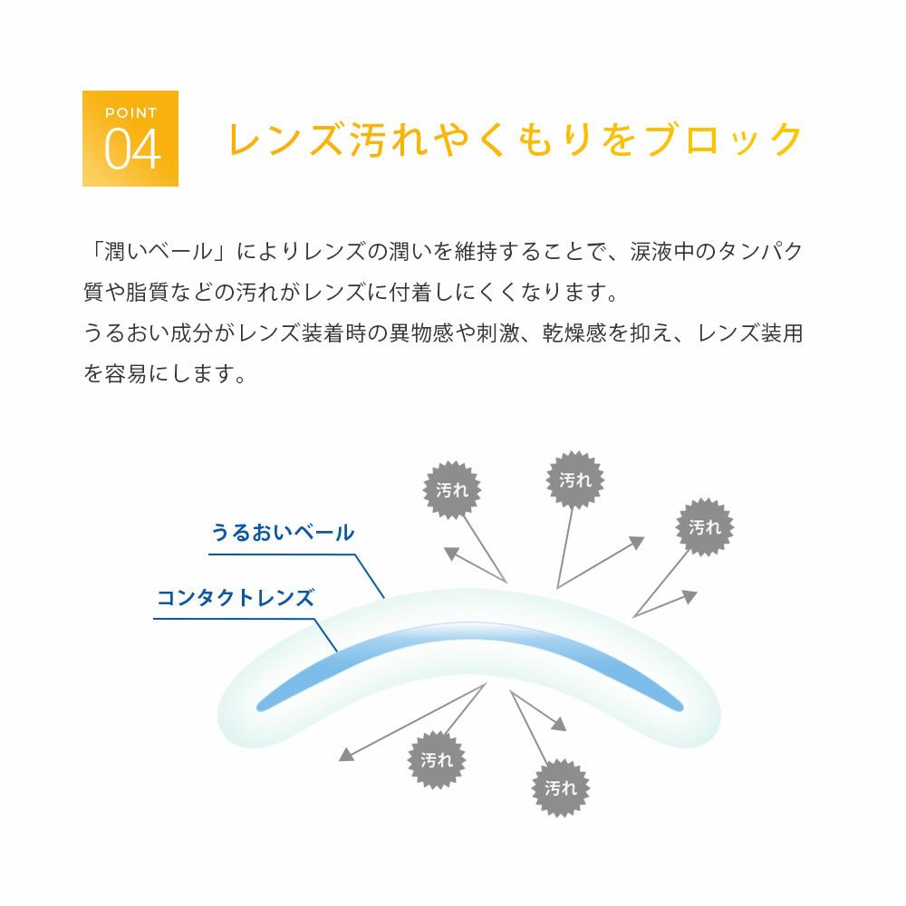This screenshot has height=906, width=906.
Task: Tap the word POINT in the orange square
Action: (x=131, y=113)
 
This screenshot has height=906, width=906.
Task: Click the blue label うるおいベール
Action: (x=283, y=533)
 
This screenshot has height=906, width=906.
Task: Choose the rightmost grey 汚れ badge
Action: (x=705, y=526)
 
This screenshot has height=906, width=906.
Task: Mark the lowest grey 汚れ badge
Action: (x=561, y=788)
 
